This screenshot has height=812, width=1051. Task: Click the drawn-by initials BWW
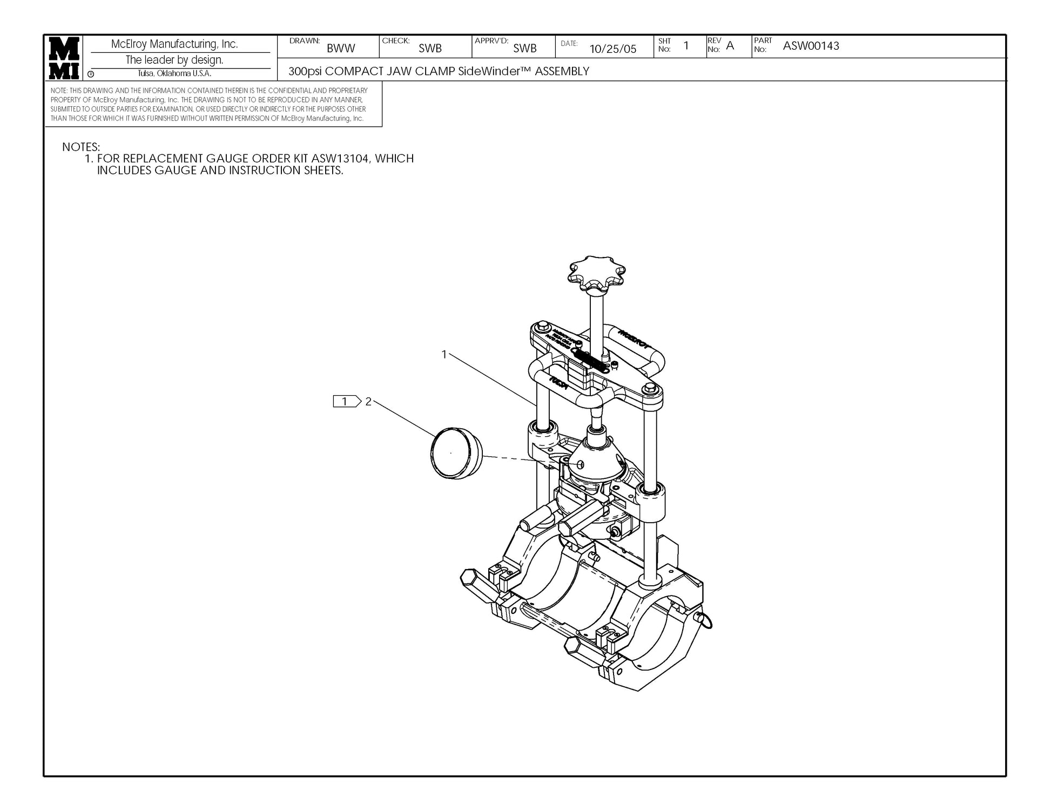[341, 49]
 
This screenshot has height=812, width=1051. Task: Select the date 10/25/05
[612, 49]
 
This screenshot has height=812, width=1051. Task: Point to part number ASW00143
[811, 46]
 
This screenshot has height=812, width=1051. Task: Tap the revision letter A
[730, 46]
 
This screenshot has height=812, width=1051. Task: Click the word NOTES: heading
[81, 147]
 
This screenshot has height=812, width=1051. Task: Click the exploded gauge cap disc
[456, 454]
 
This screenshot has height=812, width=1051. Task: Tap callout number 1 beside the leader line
[444, 354]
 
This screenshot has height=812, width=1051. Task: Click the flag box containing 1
[346, 401]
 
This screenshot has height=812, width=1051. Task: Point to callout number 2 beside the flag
[368, 402]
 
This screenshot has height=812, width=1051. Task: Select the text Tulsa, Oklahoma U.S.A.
[174, 74]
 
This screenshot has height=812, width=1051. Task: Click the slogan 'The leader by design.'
[174, 60]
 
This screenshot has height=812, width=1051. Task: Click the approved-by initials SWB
[524, 49]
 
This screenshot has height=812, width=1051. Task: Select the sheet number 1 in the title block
[686, 46]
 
